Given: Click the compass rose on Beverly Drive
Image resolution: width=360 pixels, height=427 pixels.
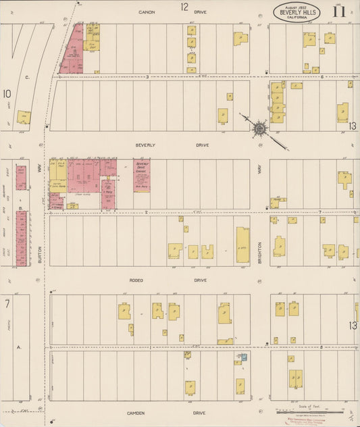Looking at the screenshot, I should click(260, 128).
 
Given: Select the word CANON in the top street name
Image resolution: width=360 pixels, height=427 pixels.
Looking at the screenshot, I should click(147, 12).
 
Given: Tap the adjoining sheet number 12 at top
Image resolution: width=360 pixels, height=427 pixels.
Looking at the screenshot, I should click(184, 7).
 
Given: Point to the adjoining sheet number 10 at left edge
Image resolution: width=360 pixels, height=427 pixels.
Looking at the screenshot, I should click(7, 94).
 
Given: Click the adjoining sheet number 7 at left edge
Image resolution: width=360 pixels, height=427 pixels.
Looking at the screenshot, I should click(7, 304).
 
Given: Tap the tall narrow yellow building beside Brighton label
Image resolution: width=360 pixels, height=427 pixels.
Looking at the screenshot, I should click(242, 243).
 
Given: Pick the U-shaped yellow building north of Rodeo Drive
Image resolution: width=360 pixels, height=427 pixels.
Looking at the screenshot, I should click(207, 252).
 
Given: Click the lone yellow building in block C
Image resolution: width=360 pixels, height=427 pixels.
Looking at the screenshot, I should click(24, 118).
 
